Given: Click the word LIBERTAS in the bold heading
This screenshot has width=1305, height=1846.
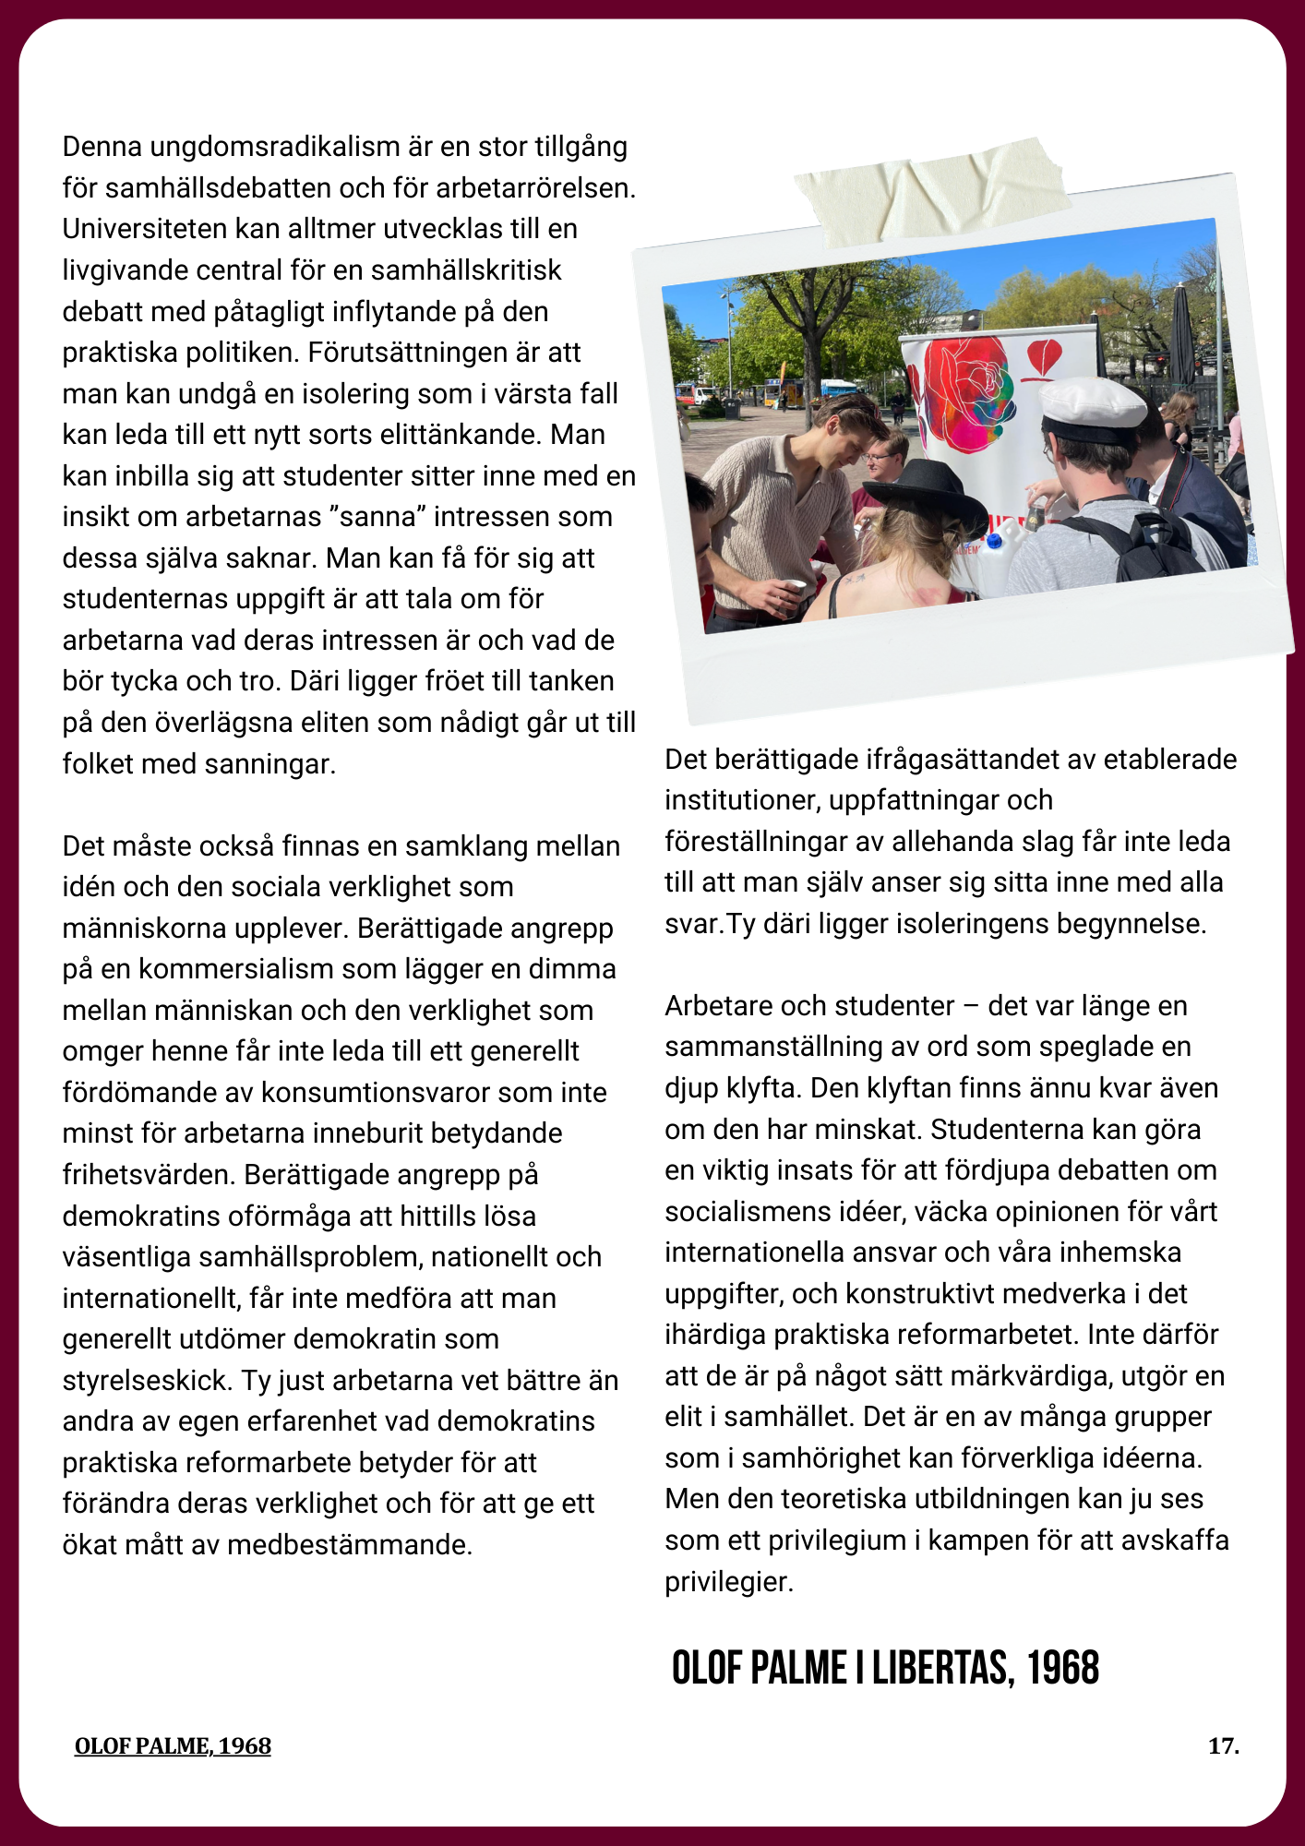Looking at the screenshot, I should point(943,1668).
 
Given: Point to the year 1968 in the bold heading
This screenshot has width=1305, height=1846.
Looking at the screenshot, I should point(1063,1668).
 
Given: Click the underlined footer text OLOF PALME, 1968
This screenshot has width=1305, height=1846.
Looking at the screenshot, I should point(173,1746).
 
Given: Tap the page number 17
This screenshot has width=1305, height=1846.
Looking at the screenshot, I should point(1223,1746).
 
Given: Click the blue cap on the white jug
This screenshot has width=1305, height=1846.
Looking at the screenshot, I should point(996,541).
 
